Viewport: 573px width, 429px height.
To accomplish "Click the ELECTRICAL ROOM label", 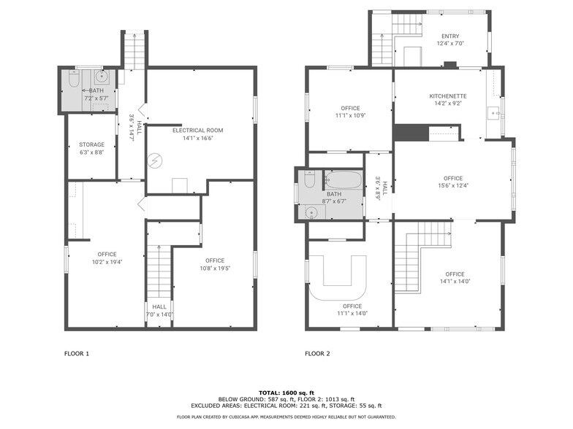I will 197,131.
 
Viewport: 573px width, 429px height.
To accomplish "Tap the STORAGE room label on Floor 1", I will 91,144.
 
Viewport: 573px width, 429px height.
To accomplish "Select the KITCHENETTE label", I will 447,96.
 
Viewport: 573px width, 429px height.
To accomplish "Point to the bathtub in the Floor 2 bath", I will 343,179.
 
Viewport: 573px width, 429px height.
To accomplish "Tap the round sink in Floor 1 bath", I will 102,75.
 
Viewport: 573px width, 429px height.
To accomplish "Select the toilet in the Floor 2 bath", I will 308,180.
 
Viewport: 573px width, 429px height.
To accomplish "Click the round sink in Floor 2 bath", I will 313,212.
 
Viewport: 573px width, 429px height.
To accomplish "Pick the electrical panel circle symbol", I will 155,161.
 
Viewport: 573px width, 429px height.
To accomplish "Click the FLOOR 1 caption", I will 77,354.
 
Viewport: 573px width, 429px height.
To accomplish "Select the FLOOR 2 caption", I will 317,354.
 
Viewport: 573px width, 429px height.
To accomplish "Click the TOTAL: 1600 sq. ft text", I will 286,393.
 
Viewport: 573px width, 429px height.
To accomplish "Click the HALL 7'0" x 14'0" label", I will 159,311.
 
